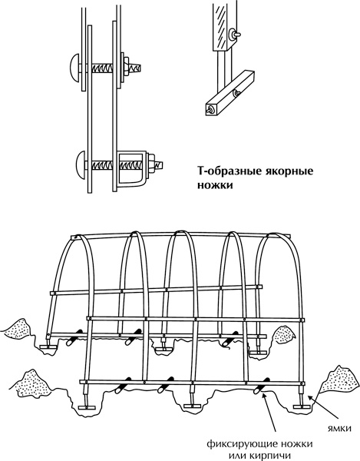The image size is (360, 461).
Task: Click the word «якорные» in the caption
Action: [290, 171]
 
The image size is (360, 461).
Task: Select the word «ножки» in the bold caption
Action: [215, 185]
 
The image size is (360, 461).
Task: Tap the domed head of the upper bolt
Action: [75, 68]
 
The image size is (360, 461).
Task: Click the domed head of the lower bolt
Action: [81, 163]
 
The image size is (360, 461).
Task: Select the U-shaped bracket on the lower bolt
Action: [132, 169]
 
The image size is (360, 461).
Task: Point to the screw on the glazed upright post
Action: [236, 34]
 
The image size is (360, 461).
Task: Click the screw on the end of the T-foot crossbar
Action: [211, 110]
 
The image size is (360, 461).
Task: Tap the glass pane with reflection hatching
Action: [221, 25]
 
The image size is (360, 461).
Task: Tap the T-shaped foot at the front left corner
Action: [87, 408]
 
